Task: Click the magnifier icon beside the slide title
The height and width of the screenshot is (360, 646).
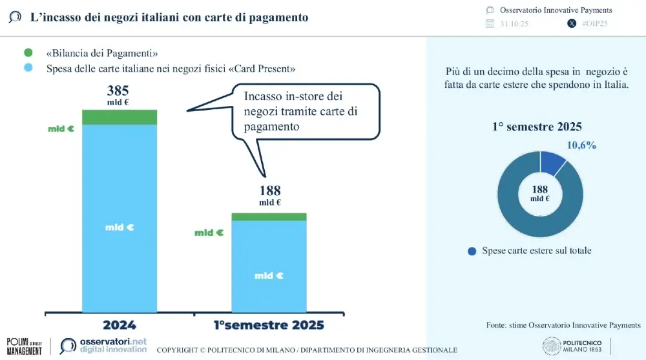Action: point(15,17)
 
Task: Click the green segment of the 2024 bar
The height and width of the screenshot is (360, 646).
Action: point(120,117)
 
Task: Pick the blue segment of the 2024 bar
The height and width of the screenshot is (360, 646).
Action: point(120,220)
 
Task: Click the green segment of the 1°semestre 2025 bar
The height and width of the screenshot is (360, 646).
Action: point(269,217)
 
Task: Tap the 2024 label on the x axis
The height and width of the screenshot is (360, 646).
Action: point(120,324)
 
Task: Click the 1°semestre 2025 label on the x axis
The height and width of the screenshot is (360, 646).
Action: point(269,324)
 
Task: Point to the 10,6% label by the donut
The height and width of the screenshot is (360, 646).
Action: point(581,145)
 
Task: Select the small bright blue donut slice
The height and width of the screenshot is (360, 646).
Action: point(554,163)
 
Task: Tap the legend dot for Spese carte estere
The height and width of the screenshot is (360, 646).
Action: point(472,251)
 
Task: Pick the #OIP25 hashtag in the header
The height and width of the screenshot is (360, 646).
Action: point(595,23)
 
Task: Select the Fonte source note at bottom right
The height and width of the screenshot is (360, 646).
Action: point(563,324)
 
